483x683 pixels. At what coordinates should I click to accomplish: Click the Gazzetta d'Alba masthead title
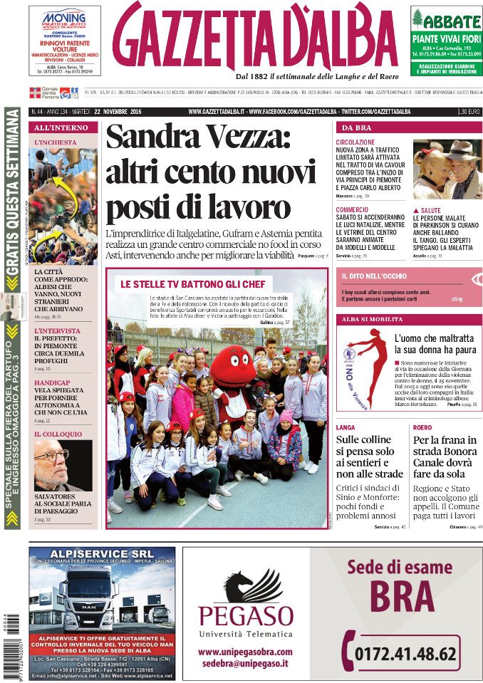(255, 36)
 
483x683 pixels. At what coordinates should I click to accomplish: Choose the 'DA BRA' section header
(357, 127)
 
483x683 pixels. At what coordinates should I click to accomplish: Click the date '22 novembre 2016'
(117, 112)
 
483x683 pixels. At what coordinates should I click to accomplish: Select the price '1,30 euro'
(469, 112)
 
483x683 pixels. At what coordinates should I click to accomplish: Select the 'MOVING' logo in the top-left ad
(64, 17)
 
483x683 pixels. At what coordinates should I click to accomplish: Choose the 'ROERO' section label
(422, 427)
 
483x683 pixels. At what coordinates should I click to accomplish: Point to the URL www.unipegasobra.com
(244, 652)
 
